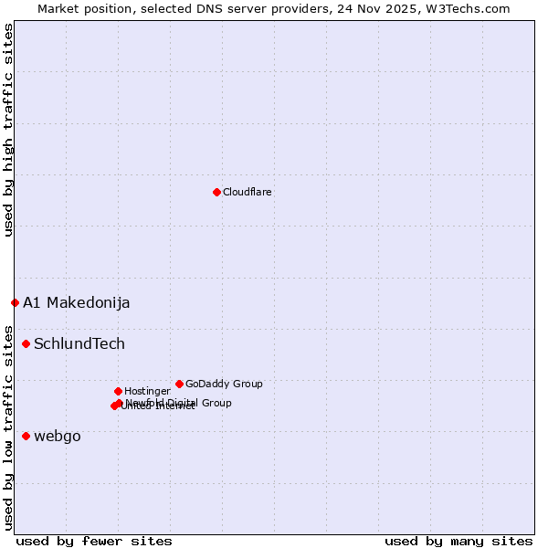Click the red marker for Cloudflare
point(216,192)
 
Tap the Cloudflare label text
point(248,193)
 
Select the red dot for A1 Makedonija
point(15,302)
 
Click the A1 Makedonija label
point(77,303)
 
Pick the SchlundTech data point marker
point(26,343)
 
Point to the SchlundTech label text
point(79,344)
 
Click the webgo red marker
point(26,436)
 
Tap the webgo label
point(58,437)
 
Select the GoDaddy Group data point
point(179,384)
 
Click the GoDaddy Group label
point(224,385)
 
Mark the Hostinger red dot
point(118,391)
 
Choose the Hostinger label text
point(147,392)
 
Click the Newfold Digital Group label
point(179,403)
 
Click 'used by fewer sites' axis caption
point(94,541)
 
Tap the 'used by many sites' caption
point(458,541)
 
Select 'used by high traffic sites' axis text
point(8,130)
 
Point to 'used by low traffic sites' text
point(8,427)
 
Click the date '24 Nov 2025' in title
point(382,8)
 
